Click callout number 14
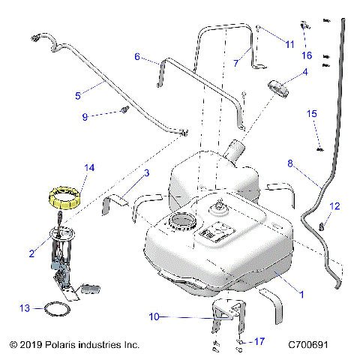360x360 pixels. [89, 169]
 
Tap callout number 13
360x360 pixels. [25, 307]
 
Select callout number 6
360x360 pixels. [137, 56]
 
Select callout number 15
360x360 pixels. [312, 113]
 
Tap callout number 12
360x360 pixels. [335, 205]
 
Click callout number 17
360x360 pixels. [259, 343]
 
